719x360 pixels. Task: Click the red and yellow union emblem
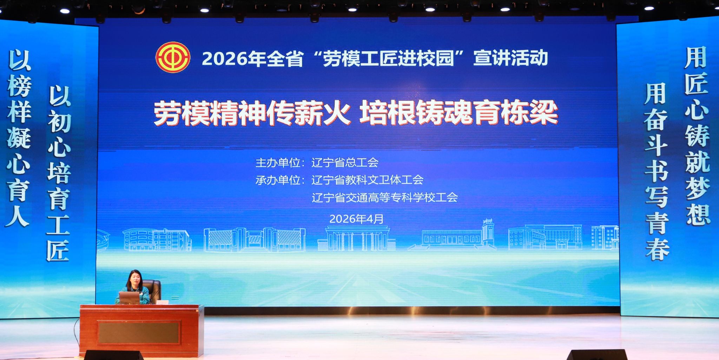coord(173,57)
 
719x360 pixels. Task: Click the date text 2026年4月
coord(356,219)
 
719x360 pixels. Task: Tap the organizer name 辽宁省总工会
coord(345,162)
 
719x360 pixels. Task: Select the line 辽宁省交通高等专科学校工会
coord(385,197)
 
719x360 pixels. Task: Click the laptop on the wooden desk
coord(130,298)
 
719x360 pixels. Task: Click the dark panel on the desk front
coord(139,332)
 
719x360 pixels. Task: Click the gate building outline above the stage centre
coord(357,238)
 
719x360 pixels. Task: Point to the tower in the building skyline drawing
coord(488,232)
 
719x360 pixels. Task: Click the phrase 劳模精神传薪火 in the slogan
coord(252,113)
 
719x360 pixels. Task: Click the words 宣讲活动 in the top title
coord(510,58)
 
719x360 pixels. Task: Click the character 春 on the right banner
coord(657,248)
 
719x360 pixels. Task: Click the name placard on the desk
coord(163,302)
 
